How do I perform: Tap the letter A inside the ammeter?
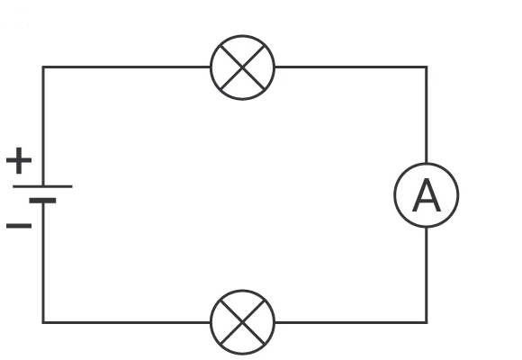tap(427, 195)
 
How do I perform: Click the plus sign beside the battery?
tap(19, 160)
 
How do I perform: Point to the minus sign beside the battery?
tap(19, 226)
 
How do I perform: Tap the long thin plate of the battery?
tap(42, 186)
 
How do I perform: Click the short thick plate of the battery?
tap(42, 201)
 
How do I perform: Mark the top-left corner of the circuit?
tap(43, 67)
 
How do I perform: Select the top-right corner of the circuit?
tap(427, 67)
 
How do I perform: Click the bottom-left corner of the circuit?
tap(43, 322)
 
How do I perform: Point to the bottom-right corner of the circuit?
tap(427, 322)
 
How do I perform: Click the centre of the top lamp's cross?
tap(243, 67)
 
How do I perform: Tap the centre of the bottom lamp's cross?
tap(243, 322)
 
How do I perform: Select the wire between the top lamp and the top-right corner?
tap(351, 67)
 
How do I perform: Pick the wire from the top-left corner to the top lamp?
tap(127, 67)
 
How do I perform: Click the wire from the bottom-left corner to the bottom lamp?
tap(127, 322)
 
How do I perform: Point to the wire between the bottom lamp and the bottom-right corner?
tap(351, 322)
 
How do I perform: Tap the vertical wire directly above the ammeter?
tap(427, 115)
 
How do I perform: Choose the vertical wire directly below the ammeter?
tap(427, 275)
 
